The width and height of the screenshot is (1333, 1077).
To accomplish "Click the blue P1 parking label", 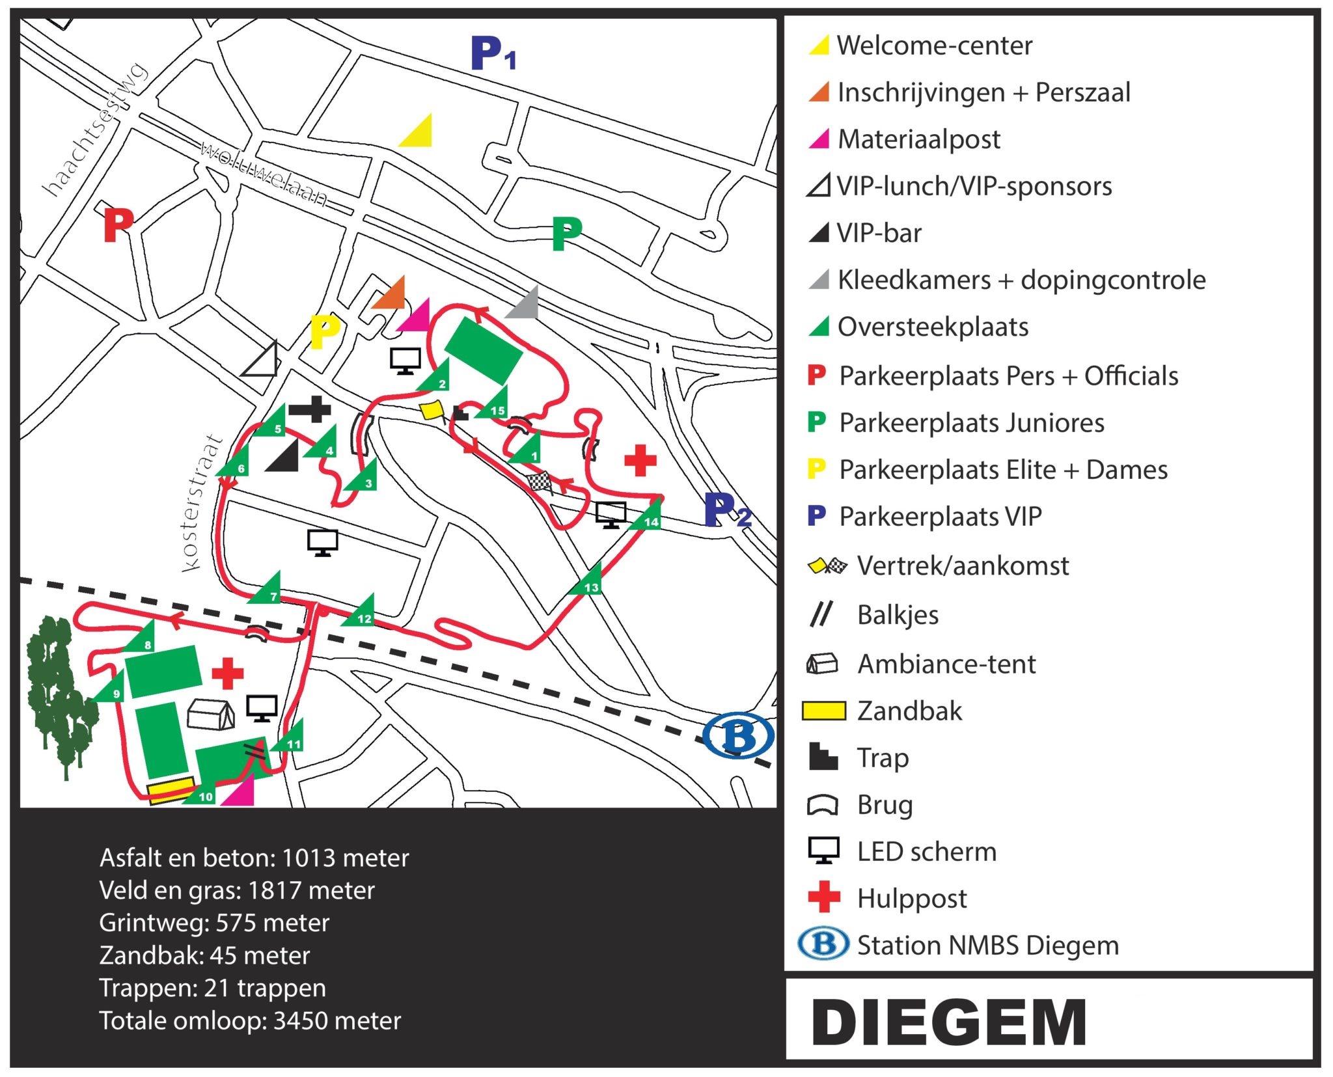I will click(493, 54).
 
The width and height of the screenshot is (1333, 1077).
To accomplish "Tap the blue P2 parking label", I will click(727, 510).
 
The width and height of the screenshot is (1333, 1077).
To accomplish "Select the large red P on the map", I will click(118, 225).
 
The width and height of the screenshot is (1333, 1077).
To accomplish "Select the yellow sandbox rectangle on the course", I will click(171, 789).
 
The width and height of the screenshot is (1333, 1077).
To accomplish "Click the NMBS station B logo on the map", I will click(738, 735).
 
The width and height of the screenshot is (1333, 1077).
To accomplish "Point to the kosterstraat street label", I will click(201, 504).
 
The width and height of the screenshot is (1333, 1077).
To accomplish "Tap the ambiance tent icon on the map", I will click(210, 715).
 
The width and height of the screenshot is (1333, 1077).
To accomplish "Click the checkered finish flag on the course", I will click(540, 482).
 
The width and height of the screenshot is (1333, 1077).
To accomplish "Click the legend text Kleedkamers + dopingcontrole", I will click(1021, 280).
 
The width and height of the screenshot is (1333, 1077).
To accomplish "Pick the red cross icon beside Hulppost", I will click(823, 897).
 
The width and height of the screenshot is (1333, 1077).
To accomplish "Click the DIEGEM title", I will click(949, 1022).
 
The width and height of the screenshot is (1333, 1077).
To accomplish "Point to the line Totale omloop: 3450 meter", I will click(250, 1020).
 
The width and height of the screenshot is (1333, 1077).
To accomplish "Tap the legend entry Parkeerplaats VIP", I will click(940, 517).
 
